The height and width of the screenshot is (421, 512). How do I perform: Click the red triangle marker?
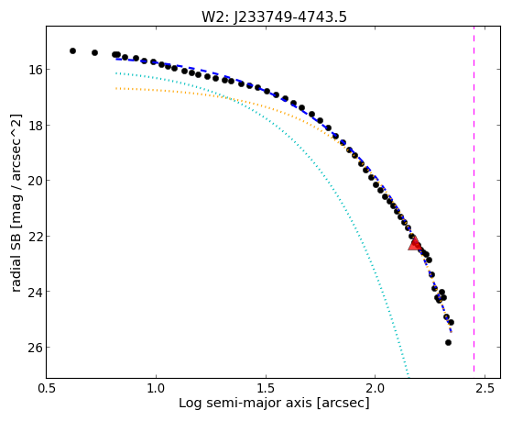pyautogui.click(x=415, y=244)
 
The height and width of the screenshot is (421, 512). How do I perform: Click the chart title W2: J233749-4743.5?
pyautogui.click(x=274, y=17)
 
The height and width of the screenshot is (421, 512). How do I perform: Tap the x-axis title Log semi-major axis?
pyautogui.click(x=274, y=403)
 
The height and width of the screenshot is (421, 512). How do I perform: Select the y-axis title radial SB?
pyautogui.click(x=16, y=203)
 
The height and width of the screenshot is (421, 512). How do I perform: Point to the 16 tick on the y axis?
pyautogui.click(x=34, y=70)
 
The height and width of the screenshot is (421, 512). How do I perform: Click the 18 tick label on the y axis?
pyautogui.click(x=34, y=125)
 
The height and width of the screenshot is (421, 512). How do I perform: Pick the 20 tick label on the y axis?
pyautogui.click(x=34, y=181)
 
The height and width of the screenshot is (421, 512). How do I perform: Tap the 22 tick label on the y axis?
pyautogui.click(x=34, y=236)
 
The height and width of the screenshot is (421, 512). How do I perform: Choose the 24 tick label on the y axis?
pyautogui.click(x=34, y=291)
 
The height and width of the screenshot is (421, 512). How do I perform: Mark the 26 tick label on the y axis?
pyautogui.click(x=34, y=347)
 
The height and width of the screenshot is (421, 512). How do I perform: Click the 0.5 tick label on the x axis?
pyautogui.click(x=47, y=388)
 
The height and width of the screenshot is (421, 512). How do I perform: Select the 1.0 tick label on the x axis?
pyautogui.click(x=156, y=388)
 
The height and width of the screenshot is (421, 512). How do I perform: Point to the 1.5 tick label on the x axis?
pyautogui.click(x=266, y=388)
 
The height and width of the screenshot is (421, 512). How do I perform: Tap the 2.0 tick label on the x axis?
pyautogui.click(x=376, y=388)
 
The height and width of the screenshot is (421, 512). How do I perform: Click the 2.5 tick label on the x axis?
pyautogui.click(x=485, y=388)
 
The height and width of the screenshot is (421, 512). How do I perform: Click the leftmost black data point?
pyautogui.click(x=73, y=50)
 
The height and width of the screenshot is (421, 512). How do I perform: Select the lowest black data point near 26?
pyautogui.click(x=448, y=342)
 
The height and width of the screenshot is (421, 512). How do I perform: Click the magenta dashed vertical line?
pyautogui.click(x=474, y=202)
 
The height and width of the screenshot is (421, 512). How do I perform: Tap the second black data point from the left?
pyautogui.click(x=94, y=52)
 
